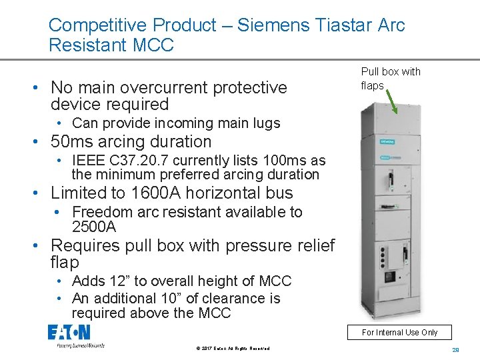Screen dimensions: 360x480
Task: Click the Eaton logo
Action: [69, 332]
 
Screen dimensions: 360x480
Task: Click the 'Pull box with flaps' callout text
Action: [391, 79]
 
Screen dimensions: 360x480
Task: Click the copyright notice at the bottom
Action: [233, 349]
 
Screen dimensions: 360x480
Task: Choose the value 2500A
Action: [94, 227]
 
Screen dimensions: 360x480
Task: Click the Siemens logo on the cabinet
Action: [387, 141]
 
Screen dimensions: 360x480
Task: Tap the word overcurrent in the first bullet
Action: [159, 87]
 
